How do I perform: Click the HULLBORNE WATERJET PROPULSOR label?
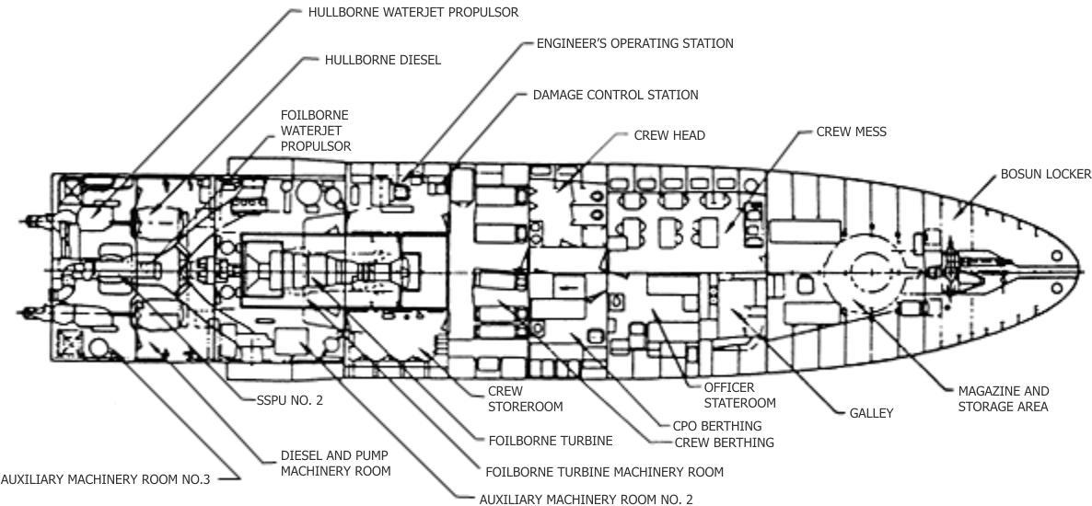point(413,13)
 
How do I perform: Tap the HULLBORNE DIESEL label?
point(383,60)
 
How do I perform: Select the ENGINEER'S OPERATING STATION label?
point(635,43)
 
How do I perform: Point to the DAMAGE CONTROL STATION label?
point(615,95)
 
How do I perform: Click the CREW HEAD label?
point(669,135)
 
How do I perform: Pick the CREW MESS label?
point(851,132)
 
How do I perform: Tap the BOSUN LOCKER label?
point(1046,174)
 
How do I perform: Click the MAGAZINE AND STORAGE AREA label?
point(1003,398)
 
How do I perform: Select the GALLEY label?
point(871,413)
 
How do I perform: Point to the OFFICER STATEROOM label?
point(739,395)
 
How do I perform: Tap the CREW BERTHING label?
point(724,443)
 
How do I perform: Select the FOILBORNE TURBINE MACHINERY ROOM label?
point(604,472)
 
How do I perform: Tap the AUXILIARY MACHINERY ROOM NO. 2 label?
point(586,500)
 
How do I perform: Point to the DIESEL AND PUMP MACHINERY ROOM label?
point(335,463)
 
